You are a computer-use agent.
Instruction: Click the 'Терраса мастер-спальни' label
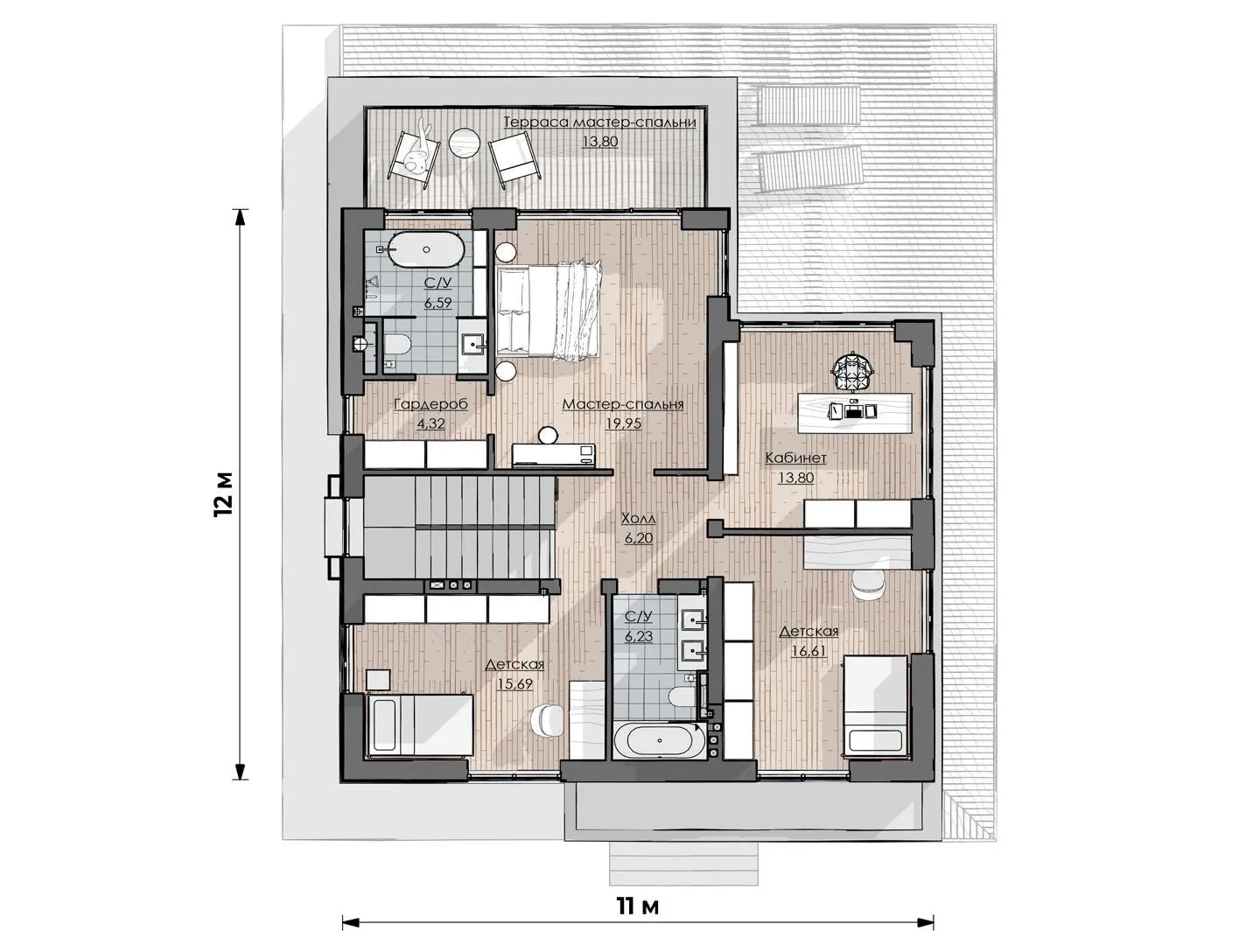[x=600, y=122]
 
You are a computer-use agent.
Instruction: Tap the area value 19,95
[x=623, y=424]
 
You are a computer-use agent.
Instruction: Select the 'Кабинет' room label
[x=795, y=458]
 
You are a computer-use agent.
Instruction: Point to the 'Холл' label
[x=639, y=519]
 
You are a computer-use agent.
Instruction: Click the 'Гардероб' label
[x=430, y=404]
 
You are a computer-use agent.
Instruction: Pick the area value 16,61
[x=809, y=651]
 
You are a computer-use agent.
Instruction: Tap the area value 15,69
[x=514, y=684]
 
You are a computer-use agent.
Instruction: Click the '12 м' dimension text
[x=223, y=493]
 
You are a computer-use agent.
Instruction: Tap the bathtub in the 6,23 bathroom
[x=659, y=740]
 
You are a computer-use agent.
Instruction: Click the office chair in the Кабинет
[x=854, y=370]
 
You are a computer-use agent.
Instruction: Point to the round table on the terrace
[x=465, y=143]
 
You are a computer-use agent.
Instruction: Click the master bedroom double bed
[x=549, y=310]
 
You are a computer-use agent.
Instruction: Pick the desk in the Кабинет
[x=855, y=412]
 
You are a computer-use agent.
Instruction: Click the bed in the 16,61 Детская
[x=875, y=705]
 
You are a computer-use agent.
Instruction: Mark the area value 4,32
[x=430, y=424]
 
